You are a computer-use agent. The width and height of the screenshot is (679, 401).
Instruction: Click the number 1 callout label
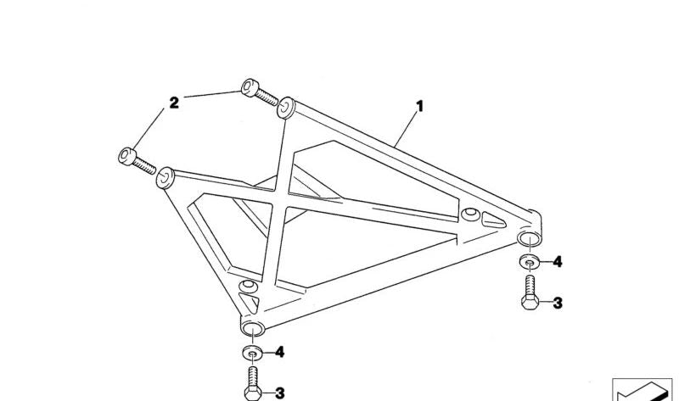419,107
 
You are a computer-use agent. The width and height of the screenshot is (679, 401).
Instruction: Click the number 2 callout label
174,103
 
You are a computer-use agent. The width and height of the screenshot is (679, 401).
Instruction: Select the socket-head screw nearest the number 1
260,92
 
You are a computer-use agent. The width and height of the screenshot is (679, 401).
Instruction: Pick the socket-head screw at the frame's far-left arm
137,161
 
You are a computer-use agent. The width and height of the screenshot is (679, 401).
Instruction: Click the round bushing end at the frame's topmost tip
286,108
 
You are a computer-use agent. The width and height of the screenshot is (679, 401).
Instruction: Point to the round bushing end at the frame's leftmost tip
165,178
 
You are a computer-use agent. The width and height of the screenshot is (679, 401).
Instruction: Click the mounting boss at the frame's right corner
530,238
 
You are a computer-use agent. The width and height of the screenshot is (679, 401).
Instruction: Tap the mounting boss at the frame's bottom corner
252,329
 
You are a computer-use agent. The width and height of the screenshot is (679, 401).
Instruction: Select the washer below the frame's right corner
529,262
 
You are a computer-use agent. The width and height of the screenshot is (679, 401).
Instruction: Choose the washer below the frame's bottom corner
252,353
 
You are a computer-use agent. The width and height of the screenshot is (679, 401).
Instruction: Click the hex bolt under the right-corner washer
530,292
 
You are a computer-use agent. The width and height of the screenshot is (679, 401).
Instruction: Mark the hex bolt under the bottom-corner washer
253,383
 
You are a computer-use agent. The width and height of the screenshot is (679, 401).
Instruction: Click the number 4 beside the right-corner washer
558,262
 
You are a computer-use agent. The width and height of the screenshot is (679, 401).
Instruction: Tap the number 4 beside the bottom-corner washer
280,352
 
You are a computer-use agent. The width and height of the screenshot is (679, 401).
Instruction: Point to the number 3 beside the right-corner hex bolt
558,304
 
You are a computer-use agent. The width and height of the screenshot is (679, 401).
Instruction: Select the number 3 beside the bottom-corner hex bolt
280,393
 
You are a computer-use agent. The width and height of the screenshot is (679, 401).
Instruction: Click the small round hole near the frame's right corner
470,214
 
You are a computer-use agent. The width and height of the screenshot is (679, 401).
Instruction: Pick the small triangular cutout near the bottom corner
250,303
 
